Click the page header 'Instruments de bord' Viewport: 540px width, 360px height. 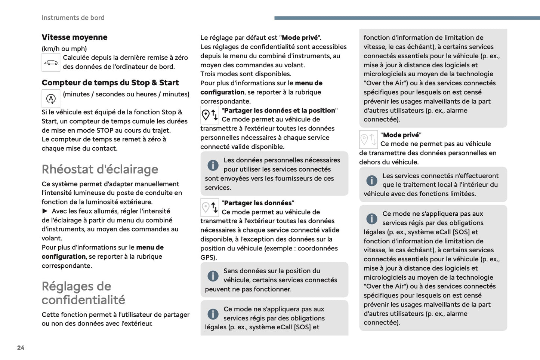coord(73,18)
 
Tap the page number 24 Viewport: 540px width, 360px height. coord(21,348)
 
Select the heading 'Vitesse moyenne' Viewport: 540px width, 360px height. coord(74,37)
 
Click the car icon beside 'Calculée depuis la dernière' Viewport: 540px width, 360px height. coord(51,62)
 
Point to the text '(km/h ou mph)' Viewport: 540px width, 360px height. coord(64,49)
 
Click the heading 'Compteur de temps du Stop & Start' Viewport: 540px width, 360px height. coord(110,83)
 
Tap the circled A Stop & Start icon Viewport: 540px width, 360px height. coord(51,99)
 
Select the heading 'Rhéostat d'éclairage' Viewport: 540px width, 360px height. coord(100,169)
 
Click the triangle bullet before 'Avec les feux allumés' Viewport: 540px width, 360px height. coord(45,211)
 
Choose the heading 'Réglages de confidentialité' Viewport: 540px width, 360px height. coord(83,293)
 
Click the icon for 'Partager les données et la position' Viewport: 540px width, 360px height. coord(210,115)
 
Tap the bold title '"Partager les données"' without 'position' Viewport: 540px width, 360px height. coord(258,203)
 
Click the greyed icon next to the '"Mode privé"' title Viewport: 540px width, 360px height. coord(368,139)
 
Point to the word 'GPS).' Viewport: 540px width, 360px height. coord(209,257)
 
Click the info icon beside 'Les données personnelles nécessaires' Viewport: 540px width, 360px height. coord(213,165)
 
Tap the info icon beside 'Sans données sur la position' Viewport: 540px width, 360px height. coord(213,276)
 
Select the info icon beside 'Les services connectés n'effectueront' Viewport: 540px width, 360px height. coord(372,181)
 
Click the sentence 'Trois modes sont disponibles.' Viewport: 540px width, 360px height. coord(246,74)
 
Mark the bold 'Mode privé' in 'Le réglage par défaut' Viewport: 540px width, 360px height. coord(300,37)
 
